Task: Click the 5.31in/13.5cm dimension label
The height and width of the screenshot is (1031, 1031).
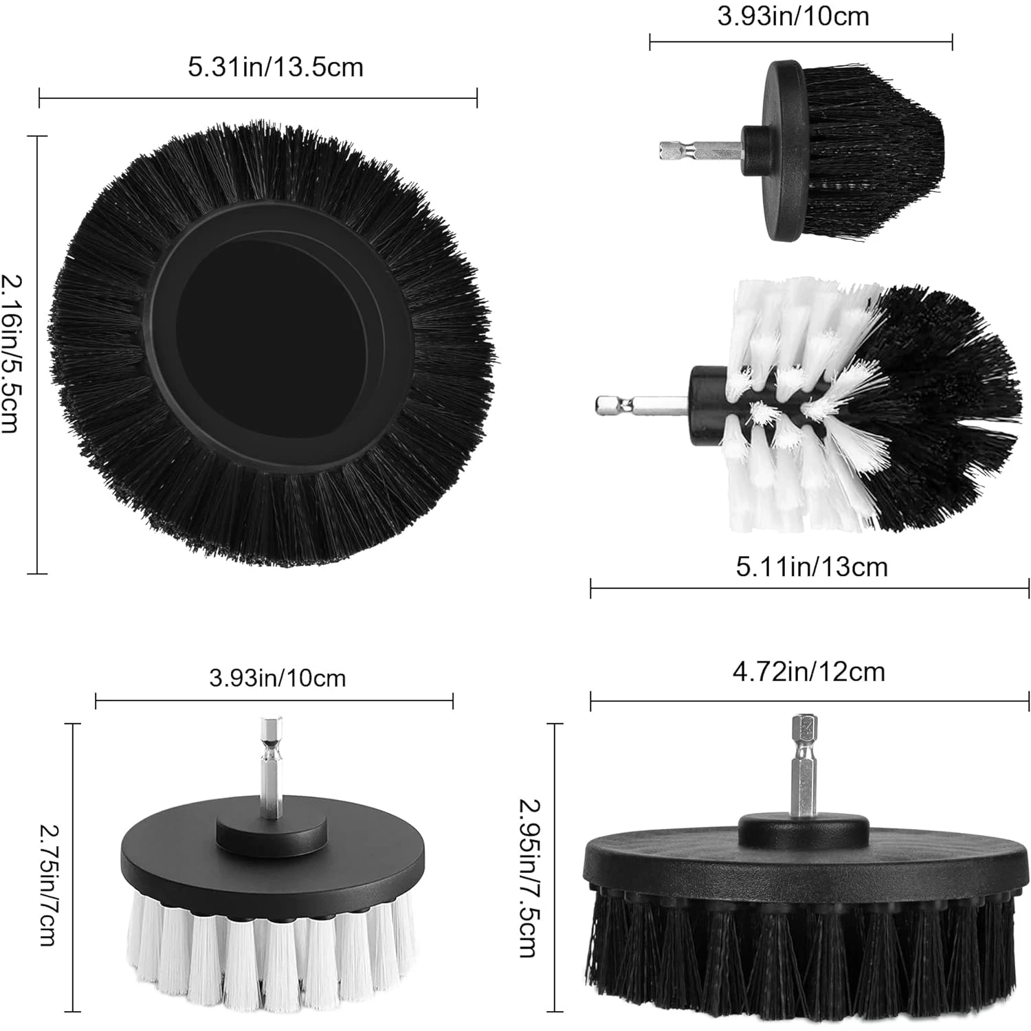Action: (276, 67)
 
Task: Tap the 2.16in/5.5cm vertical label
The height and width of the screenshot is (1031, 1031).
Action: (13, 353)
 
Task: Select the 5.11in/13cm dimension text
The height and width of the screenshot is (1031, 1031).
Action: (812, 567)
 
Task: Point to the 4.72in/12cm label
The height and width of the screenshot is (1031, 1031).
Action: (808, 671)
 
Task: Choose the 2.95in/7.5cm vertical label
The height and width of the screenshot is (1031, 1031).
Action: (529, 877)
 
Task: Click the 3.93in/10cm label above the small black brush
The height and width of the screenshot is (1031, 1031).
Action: (793, 16)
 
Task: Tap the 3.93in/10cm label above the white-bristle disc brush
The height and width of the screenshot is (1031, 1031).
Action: (277, 678)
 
